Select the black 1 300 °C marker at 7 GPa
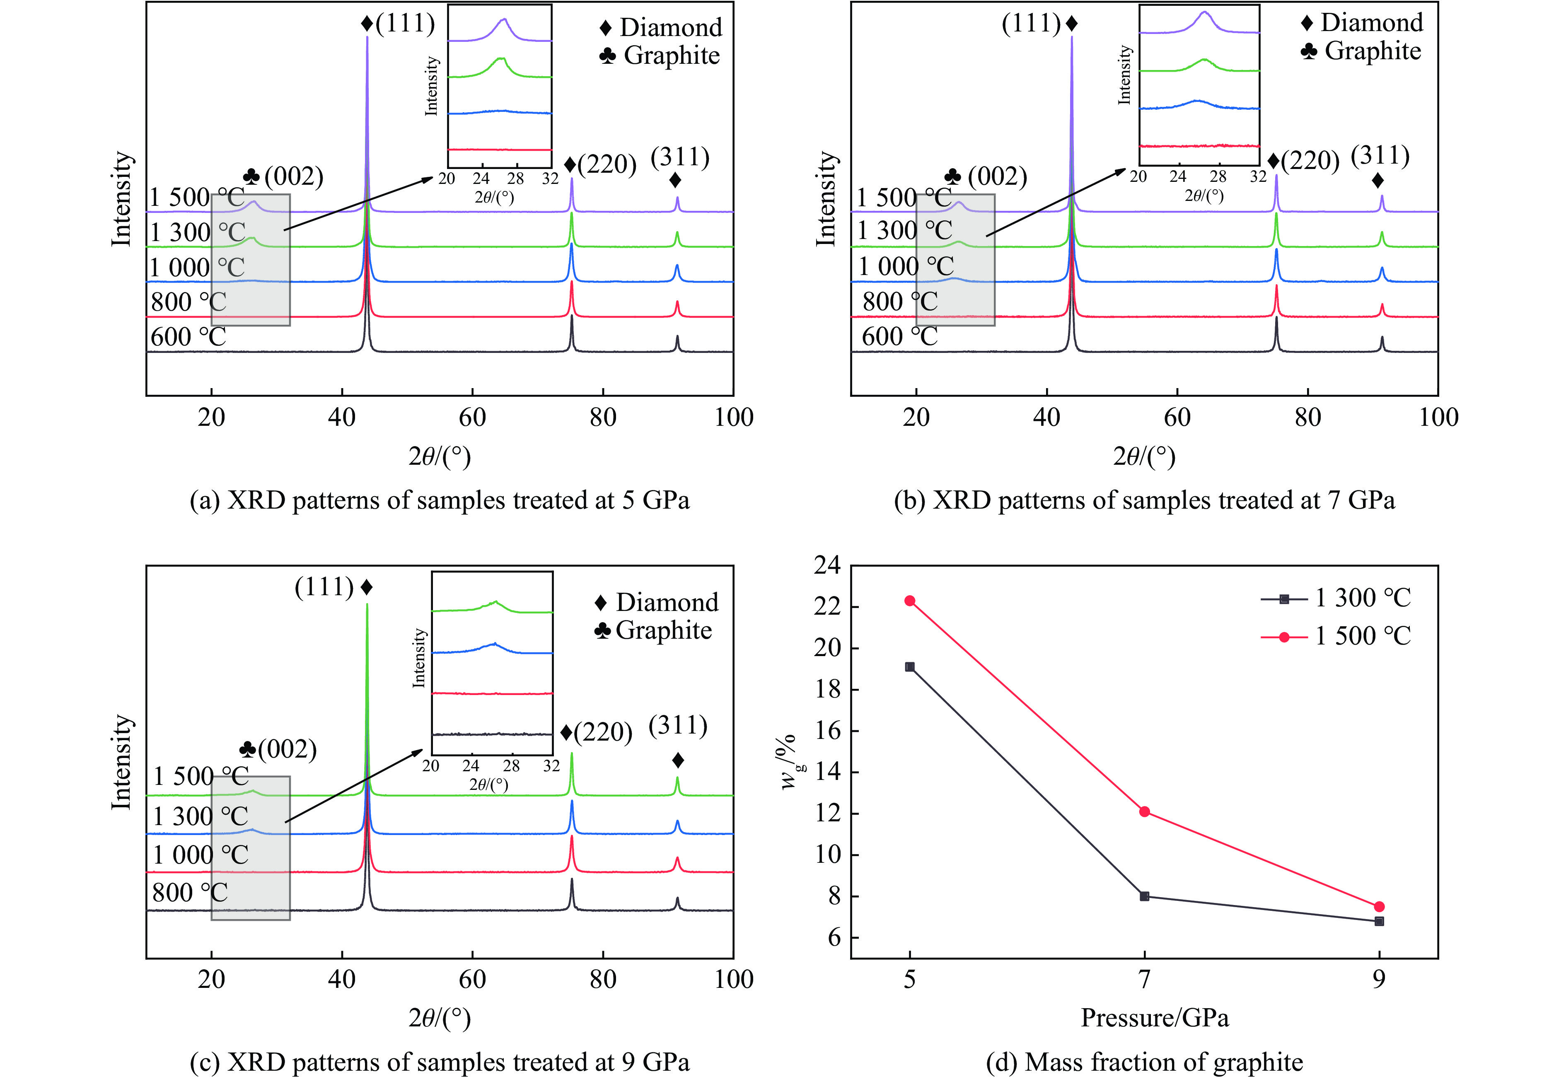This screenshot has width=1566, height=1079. tap(1144, 896)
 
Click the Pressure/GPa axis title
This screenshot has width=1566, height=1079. tap(1154, 1017)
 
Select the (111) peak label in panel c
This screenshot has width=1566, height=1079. tap(324, 587)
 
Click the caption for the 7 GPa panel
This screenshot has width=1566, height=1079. tap(1144, 500)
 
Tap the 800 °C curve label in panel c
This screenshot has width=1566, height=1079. tap(190, 893)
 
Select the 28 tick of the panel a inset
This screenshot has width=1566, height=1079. tap(516, 179)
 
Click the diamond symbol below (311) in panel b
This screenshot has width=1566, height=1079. tap(1377, 181)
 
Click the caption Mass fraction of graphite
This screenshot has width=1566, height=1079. tap(1144, 1063)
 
